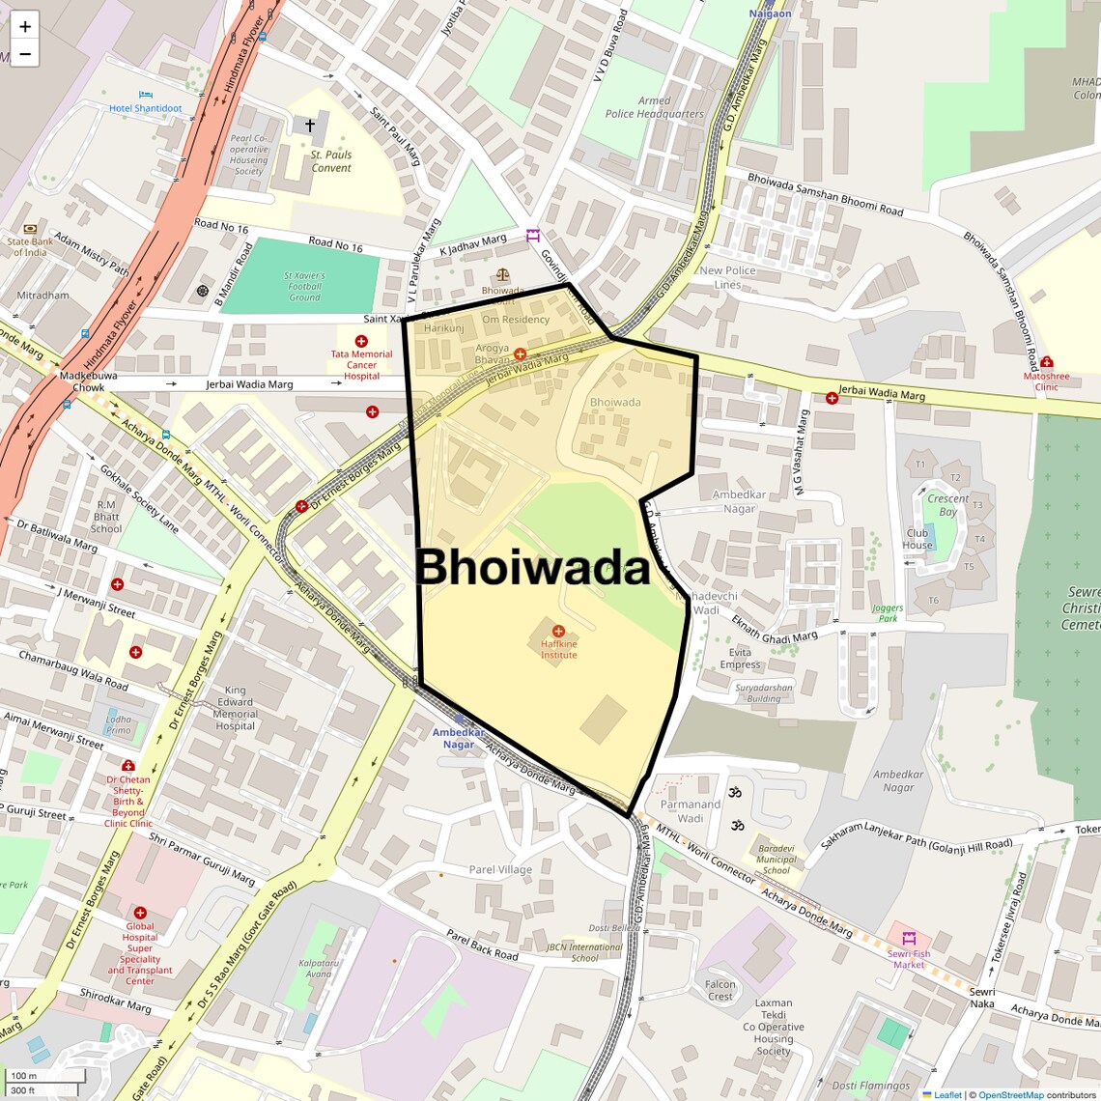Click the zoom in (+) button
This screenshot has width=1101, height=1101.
[x=25, y=26]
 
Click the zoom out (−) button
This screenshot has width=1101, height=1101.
[x=25, y=54]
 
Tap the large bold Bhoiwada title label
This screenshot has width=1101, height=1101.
[x=532, y=568]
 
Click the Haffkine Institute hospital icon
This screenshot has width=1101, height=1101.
[x=558, y=631]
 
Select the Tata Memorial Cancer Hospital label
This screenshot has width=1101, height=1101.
[x=361, y=365]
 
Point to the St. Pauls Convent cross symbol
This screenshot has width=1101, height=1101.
[x=310, y=126]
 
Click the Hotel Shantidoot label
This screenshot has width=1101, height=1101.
[x=145, y=108]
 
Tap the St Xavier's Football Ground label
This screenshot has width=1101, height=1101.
[x=304, y=286]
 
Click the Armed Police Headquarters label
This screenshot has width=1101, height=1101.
[x=654, y=107]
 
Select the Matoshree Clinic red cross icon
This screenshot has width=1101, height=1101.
[x=1047, y=362]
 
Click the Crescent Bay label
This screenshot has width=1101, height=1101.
[x=947, y=505]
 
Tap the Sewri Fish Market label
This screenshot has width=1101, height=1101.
[x=909, y=959]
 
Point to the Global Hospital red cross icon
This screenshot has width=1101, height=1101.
[x=140, y=913]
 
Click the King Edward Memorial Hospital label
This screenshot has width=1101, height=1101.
[x=236, y=708]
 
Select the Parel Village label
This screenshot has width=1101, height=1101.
[x=500, y=869]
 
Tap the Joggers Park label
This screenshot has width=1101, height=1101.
[x=886, y=612]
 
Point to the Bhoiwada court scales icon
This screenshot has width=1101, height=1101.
[x=502, y=275]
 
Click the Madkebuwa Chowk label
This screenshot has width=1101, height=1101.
[x=82, y=381]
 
